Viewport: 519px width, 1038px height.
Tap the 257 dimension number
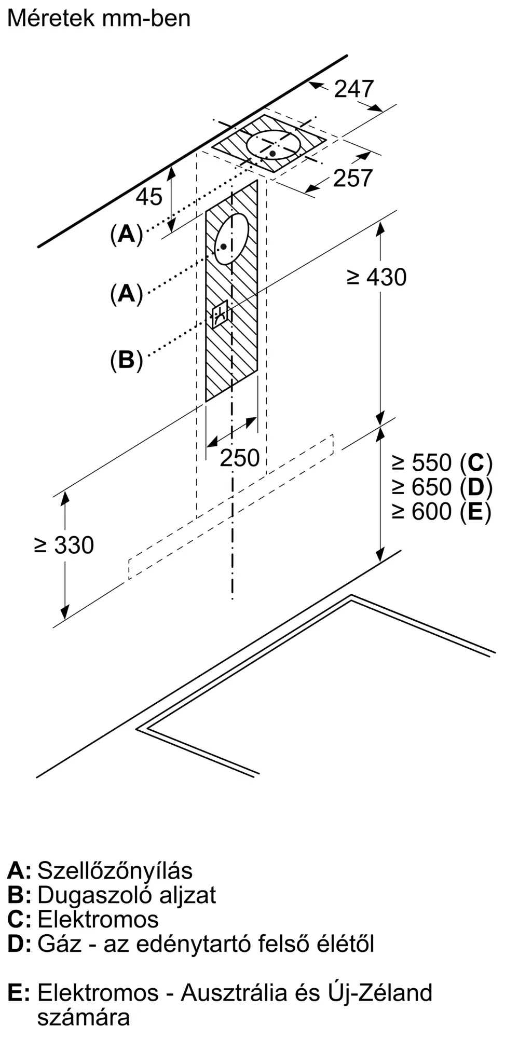click(x=353, y=178)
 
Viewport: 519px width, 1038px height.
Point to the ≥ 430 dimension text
click(x=376, y=277)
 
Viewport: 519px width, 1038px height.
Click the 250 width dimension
click(x=239, y=458)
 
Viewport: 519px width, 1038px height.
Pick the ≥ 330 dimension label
click(x=64, y=545)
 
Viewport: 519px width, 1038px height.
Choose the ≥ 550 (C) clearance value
click(x=442, y=462)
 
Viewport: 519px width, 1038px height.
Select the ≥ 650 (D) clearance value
click(x=442, y=487)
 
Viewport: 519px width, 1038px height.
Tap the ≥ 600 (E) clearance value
click(x=441, y=512)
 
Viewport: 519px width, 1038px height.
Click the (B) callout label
click(x=126, y=360)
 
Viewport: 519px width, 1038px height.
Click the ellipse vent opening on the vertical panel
click(x=231, y=239)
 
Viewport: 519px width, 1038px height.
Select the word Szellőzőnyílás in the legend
click(x=115, y=870)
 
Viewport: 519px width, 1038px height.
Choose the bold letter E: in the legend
click(x=18, y=993)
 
